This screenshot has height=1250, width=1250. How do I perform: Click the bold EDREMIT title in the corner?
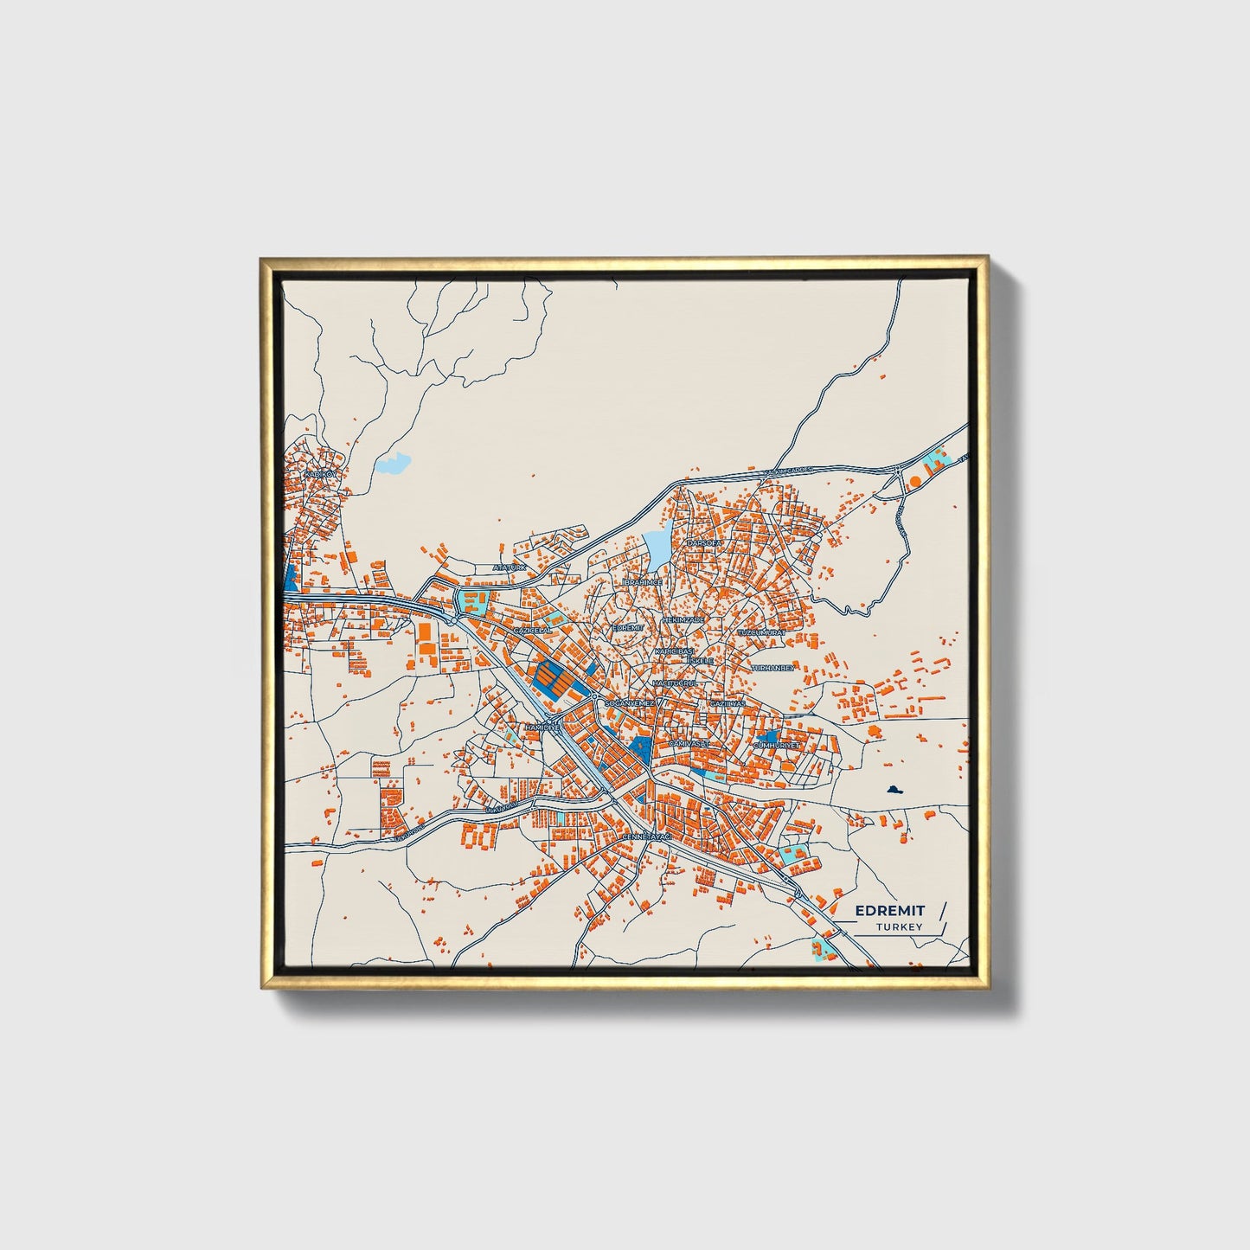889,910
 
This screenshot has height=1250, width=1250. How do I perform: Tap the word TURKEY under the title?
899,927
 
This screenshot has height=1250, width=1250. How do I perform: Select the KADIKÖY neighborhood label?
319,475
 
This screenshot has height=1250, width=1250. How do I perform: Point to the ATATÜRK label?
509,567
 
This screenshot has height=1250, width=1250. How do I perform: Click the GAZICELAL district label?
532,631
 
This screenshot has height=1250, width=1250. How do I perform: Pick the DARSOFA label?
703,542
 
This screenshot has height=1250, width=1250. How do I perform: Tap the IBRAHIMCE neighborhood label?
643,583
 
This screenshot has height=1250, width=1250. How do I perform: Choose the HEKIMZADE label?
684,619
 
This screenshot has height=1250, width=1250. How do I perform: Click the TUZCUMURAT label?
760,633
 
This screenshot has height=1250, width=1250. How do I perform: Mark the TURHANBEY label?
772,668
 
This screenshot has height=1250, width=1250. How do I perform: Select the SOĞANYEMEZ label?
630,704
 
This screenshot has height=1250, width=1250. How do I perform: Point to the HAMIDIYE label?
542,728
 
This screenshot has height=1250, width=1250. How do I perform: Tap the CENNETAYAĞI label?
646,838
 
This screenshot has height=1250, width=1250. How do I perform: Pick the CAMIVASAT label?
689,743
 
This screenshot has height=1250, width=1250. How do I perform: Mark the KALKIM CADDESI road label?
787,471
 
